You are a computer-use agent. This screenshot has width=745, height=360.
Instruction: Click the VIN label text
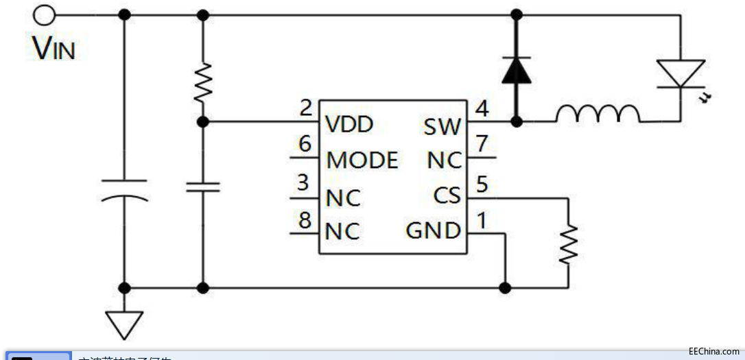[x=54, y=48]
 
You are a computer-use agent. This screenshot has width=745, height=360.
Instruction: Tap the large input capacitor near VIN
[x=124, y=190]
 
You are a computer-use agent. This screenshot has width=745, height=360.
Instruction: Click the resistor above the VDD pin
[x=202, y=83]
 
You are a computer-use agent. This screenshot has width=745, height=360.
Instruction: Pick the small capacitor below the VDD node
[x=202, y=187]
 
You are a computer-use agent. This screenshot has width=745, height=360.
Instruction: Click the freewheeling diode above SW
[x=517, y=70]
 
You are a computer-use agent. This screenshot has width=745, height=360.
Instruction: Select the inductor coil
[x=597, y=115]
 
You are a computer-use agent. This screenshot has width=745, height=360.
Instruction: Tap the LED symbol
[x=681, y=73]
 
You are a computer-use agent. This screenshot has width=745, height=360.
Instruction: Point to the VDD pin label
[x=349, y=124]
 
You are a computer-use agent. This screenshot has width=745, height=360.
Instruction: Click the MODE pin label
[x=362, y=160]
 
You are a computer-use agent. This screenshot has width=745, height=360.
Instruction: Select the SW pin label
[x=443, y=127]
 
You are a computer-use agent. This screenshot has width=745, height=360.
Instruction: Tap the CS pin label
[x=447, y=196]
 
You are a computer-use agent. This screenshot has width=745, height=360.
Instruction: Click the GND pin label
[x=434, y=231]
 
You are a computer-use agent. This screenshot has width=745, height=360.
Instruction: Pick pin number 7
[x=482, y=145]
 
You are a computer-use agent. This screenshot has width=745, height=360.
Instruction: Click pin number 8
[x=305, y=220]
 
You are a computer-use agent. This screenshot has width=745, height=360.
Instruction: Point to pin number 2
[x=306, y=108]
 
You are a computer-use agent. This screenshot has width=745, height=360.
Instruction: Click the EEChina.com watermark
[x=713, y=351]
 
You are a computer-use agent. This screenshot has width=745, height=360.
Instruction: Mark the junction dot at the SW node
[x=517, y=121]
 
